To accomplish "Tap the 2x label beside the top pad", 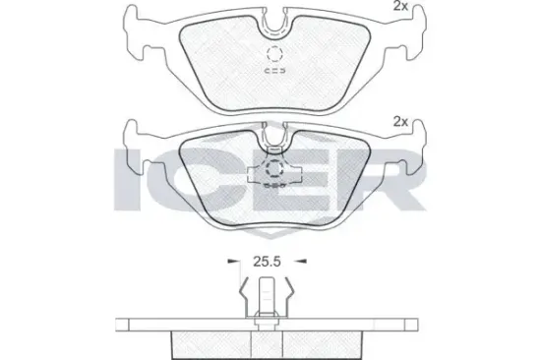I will pyautogui.click(x=399, y=7).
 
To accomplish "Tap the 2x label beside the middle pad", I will pyautogui.click(x=399, y=121).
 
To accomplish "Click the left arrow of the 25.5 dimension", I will pyautogui.click(x=234, y=264).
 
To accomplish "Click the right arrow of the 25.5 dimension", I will pyautogui.click(x=300, y=264).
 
